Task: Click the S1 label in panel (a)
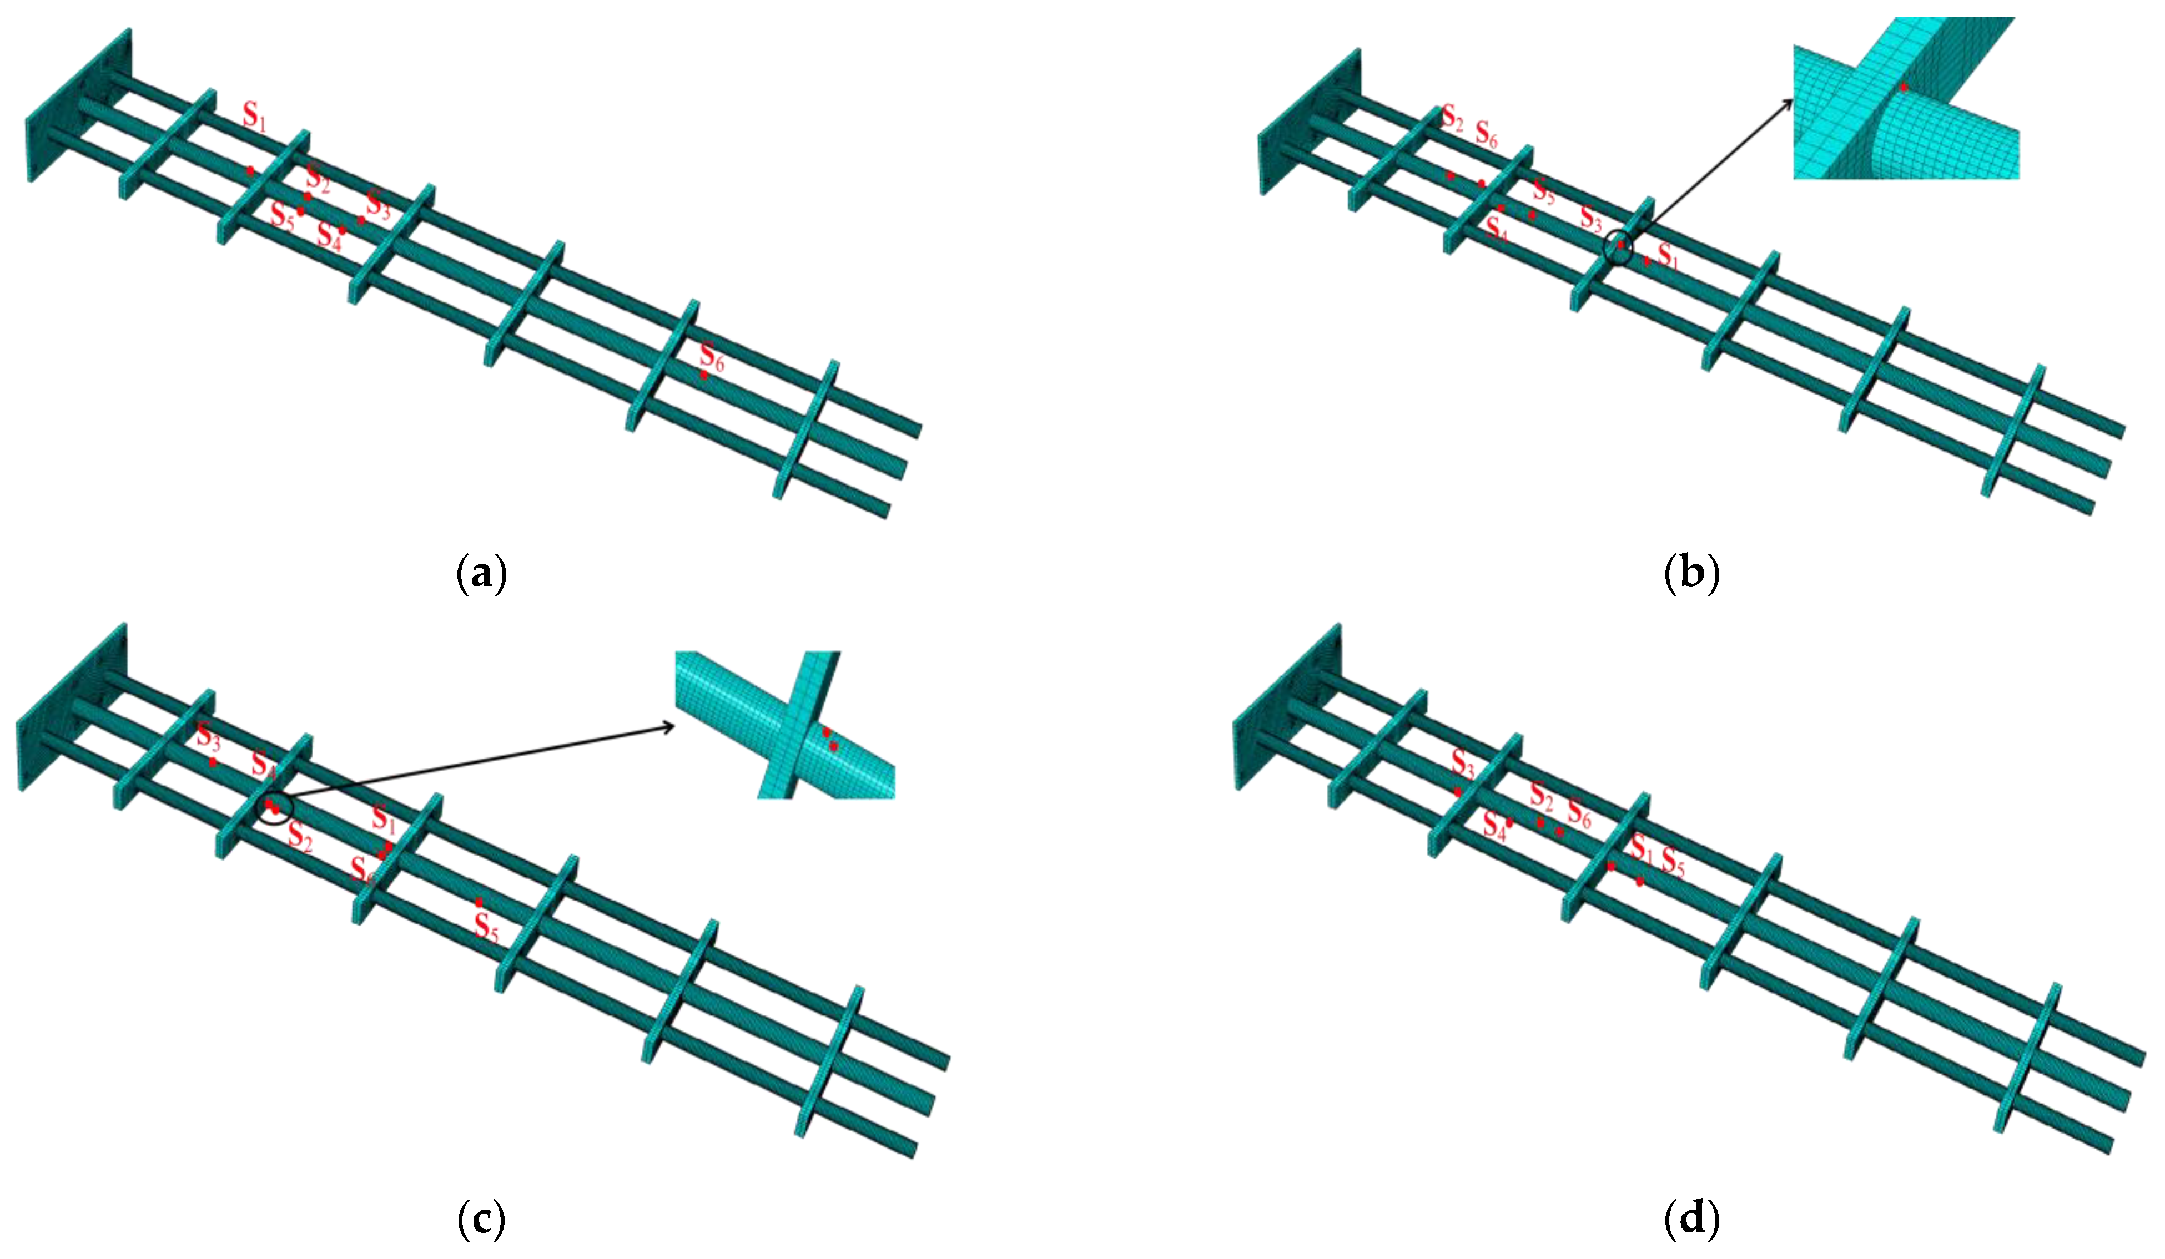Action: [x=254, y=115]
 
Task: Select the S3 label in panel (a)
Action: [x=378, y=204]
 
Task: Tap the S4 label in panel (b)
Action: [x=1496, y=229]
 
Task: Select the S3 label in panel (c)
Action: [x=209, y=736]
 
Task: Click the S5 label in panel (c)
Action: [x=486, y=928]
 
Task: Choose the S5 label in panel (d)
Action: [x=1673, y=861]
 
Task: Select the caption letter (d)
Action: [x=1691, y=1218]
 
